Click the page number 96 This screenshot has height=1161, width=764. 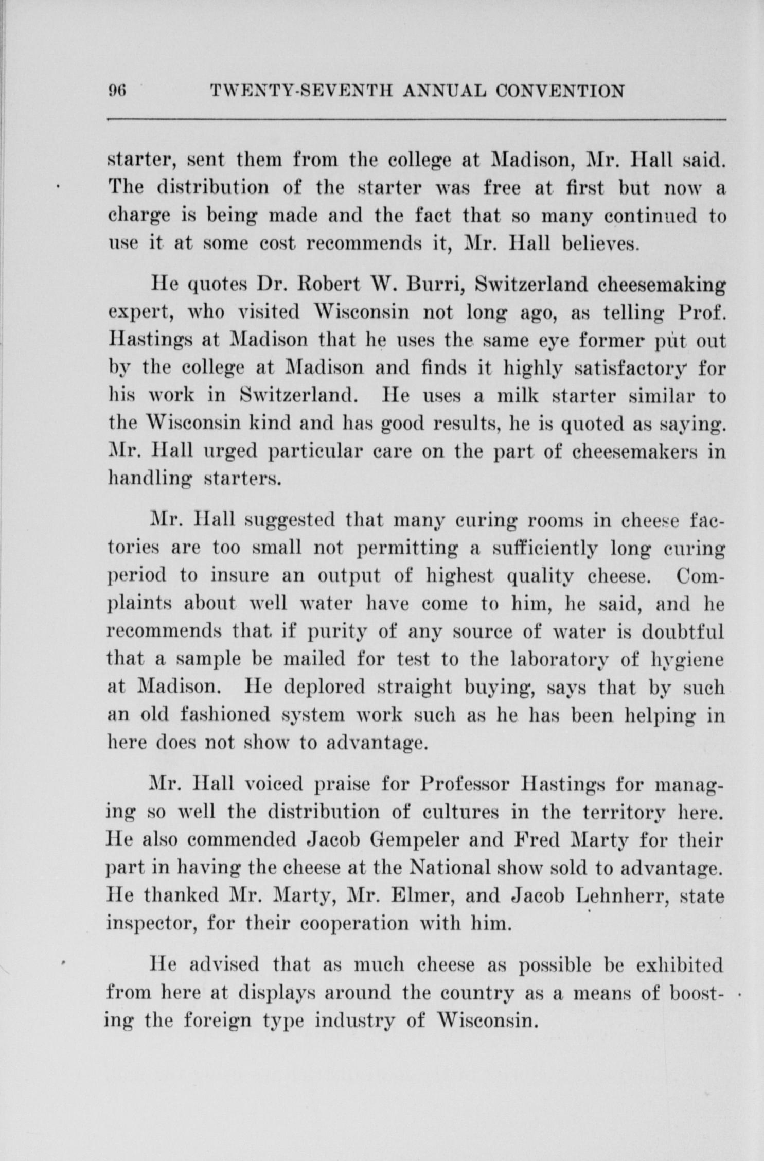click(x=117, y=92)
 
